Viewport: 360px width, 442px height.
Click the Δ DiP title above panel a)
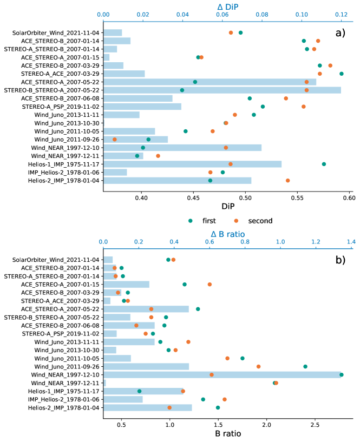227,6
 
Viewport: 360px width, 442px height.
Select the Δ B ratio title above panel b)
227,233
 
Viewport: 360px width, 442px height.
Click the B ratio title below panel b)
227,433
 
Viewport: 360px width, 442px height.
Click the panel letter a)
340,32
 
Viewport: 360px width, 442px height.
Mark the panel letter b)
340,260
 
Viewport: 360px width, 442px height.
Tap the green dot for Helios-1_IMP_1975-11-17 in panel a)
324,164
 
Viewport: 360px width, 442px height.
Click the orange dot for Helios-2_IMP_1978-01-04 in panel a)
287,180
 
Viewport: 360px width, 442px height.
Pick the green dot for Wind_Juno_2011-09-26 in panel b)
305,366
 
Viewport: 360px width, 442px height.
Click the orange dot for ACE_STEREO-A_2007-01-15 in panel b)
210,284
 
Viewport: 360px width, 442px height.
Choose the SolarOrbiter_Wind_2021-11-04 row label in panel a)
56,32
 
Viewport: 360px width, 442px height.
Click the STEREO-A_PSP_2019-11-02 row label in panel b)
67,334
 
